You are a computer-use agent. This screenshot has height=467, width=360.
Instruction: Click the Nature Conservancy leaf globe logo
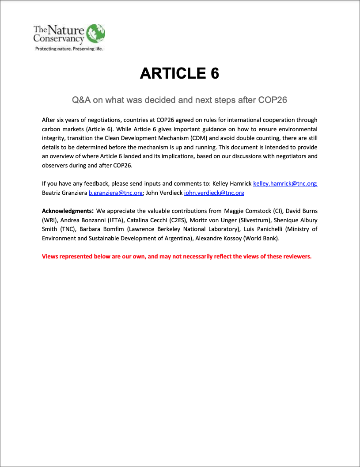[95, 34]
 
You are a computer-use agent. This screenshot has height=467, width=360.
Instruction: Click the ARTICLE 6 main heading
[179, 73]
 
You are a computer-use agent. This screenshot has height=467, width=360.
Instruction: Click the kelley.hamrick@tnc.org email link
[285, 183]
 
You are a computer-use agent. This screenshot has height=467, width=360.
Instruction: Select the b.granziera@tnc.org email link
[115, 193]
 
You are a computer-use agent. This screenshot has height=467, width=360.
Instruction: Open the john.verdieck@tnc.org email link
[214, 193]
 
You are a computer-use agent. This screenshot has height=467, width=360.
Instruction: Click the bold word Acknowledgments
[67, 211]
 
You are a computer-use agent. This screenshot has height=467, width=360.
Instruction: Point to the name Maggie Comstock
[245, 211]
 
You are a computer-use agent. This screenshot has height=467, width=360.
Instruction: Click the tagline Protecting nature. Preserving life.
[69, 49]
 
